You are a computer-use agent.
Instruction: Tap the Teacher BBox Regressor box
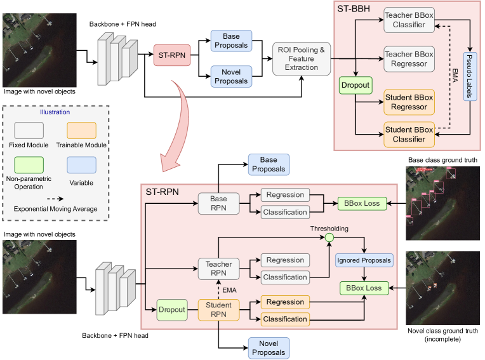[x=409, y=59]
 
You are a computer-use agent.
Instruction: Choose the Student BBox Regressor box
[x=409, y=102]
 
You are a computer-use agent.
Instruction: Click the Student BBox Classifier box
[x=409, y=135]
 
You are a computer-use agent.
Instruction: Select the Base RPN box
[x=218, y=203]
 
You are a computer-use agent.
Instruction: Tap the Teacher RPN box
[x=218, y=269]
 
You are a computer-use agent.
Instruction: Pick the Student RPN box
[x=218, y=310]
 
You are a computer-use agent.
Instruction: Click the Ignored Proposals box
[x=364, y=260]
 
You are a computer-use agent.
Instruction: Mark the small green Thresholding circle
[x=329, y=238]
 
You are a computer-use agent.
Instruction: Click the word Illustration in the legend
[x=55, y=112]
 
